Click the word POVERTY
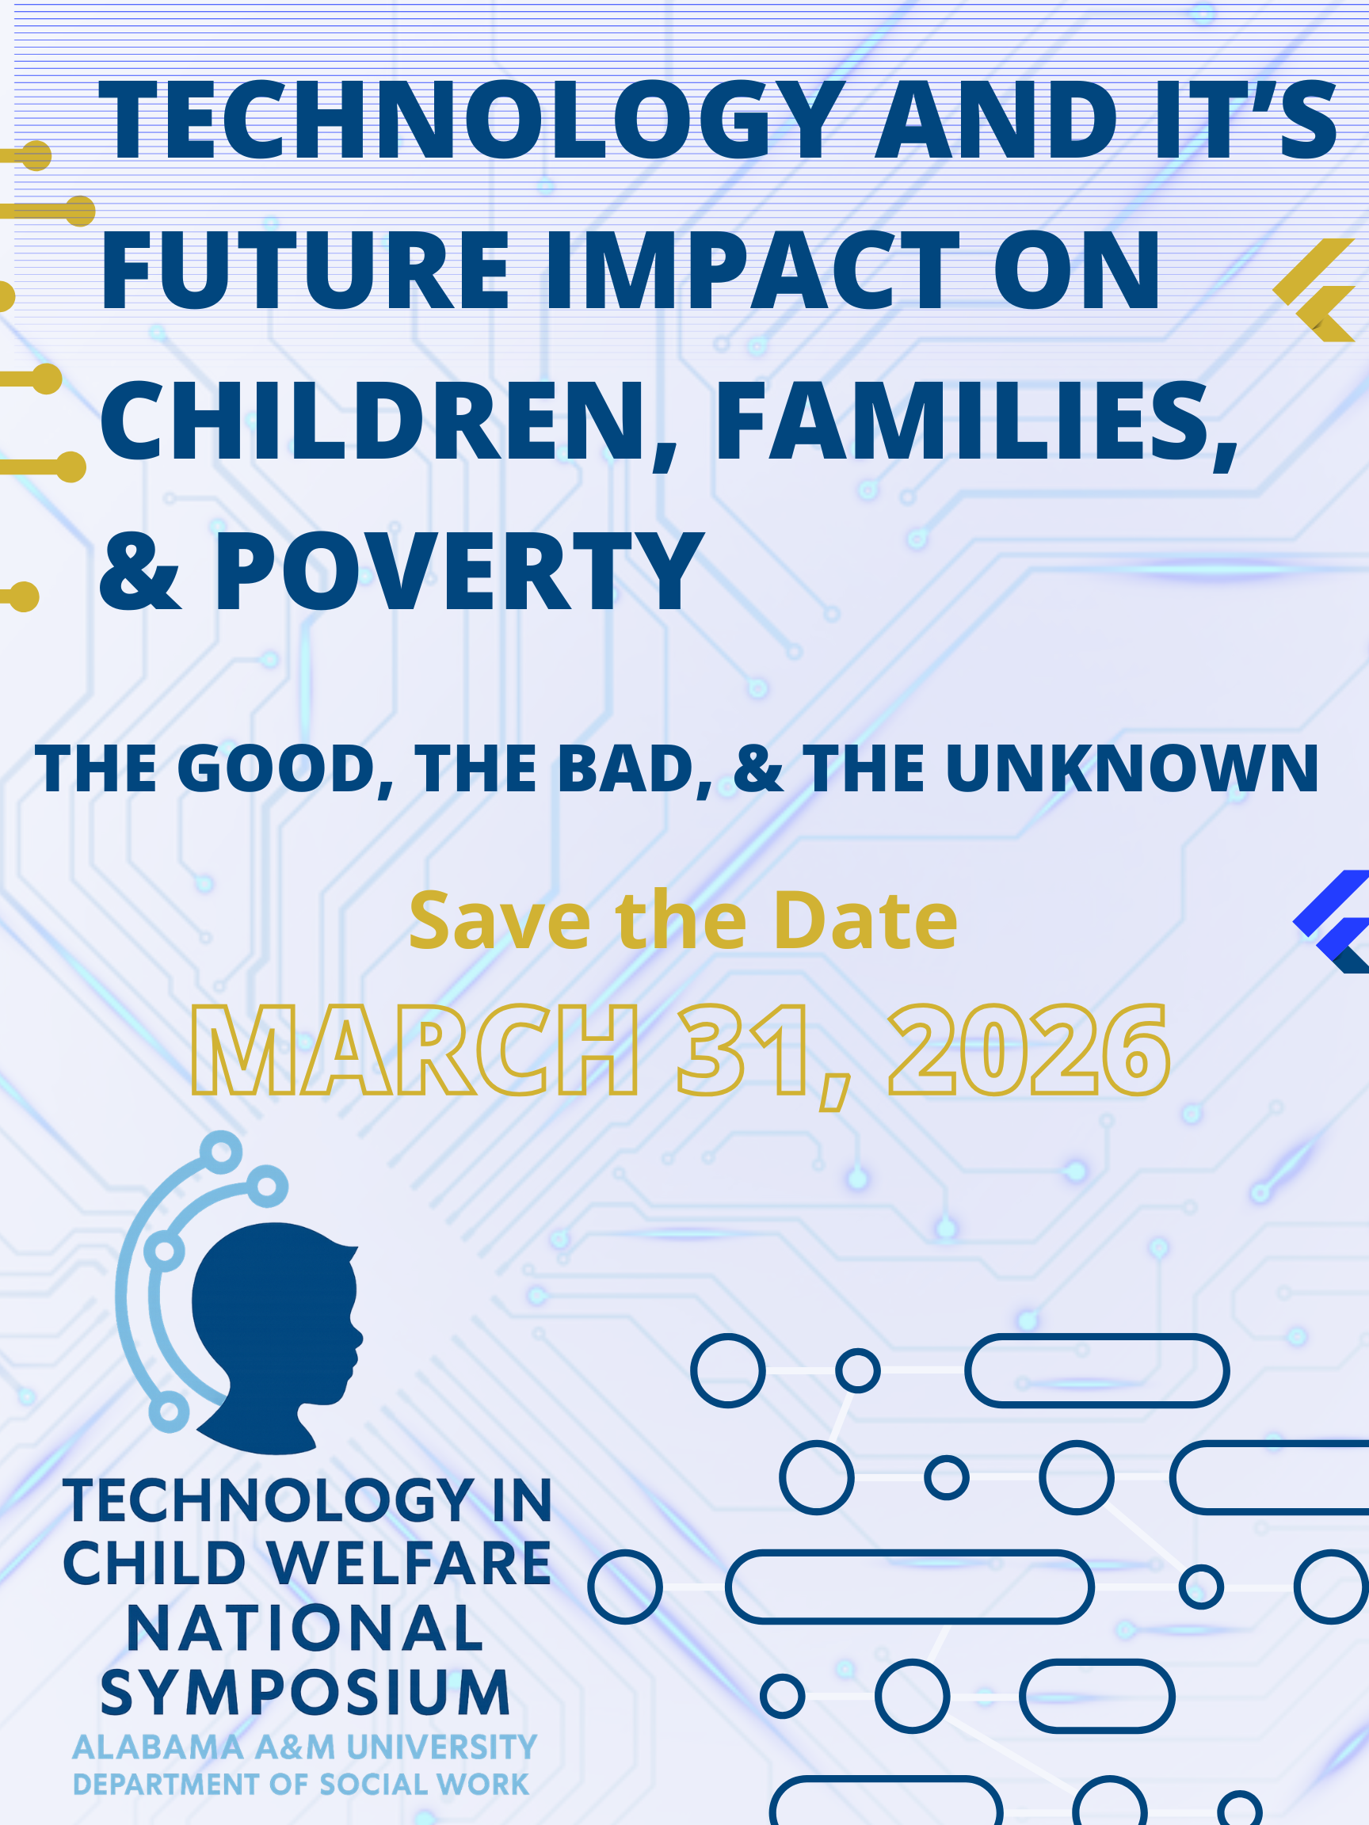tap(459, 570)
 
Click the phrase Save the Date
tap(683, 920)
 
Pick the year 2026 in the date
tap(1029, 1050)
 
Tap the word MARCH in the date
tap(415, 1050)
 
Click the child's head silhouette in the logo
tap(276, 1336)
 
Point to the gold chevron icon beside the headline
tap(1314, 291)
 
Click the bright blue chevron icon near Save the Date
tap(1331, 921)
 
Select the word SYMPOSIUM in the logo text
tap(305, 1692)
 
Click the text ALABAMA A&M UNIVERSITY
tap(304, 1747)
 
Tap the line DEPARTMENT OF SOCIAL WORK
tap(300, 1785)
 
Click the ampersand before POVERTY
tap(139, 572)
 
